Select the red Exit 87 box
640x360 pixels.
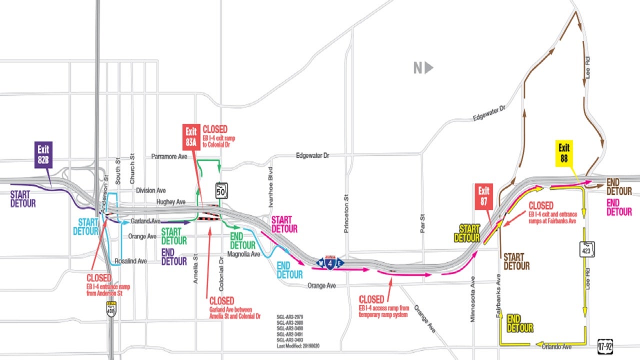coord(484,196)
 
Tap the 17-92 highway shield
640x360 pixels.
coord(605,346)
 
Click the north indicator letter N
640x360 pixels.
coord(418,68)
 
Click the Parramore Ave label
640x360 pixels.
coord(169,157)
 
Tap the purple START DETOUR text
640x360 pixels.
coord(23,199)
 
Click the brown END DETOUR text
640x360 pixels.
coord(619,186)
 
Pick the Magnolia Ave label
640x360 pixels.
coord(243,254)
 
